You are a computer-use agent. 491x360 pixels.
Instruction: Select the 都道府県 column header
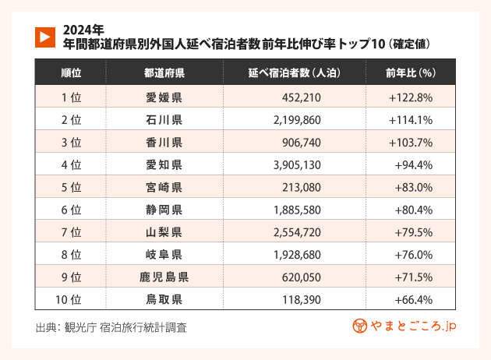pos(164,73)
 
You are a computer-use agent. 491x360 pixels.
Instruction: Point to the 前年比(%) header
pos(410,73)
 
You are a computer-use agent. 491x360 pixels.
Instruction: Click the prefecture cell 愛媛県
pos(164,97)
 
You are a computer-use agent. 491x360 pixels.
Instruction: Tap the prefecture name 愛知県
pos(164,165)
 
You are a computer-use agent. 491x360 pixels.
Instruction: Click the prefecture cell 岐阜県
pos(164,255)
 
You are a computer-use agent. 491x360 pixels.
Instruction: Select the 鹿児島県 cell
pos(164,277)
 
